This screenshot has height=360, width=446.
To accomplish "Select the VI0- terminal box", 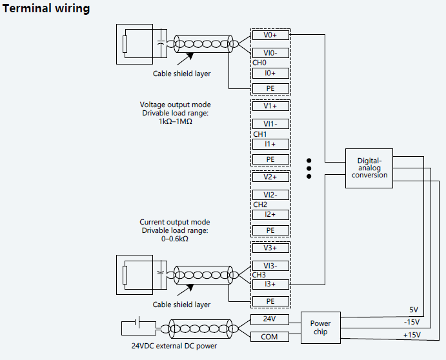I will [270, 53].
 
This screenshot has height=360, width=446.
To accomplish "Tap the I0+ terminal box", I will [270, 73].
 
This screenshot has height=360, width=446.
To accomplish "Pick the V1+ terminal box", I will [270, 106].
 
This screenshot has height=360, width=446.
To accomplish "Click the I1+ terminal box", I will [270, 144].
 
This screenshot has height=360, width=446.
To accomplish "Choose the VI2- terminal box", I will [270, 195].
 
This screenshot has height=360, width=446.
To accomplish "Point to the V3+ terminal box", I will [270, 248].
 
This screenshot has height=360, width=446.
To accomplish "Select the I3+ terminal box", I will [270, 284].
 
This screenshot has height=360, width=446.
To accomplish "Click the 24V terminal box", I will [270, 319].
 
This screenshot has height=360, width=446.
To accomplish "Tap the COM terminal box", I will [270, 336].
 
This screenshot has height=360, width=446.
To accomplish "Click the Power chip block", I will [320, 328].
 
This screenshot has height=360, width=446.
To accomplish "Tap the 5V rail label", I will [414, 309].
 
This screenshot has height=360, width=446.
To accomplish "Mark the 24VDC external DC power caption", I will [174, 346].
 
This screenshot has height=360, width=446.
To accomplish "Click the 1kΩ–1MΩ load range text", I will [175, 121].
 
